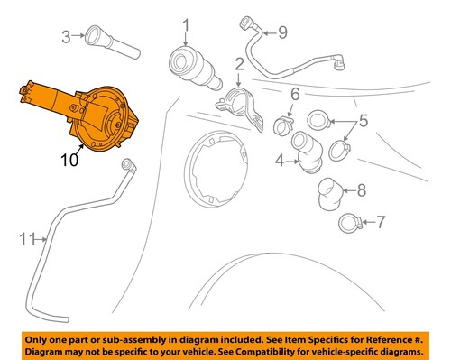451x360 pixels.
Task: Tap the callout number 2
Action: pos(239,64)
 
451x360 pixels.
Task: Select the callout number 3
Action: pos(66,37)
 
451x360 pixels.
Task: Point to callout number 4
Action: pos(280,162)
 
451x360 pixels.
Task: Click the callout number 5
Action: pos(364,119)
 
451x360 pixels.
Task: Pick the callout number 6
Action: pos(294,94)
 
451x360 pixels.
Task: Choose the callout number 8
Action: pos(361,189)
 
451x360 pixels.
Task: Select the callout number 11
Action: pos(27,239)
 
